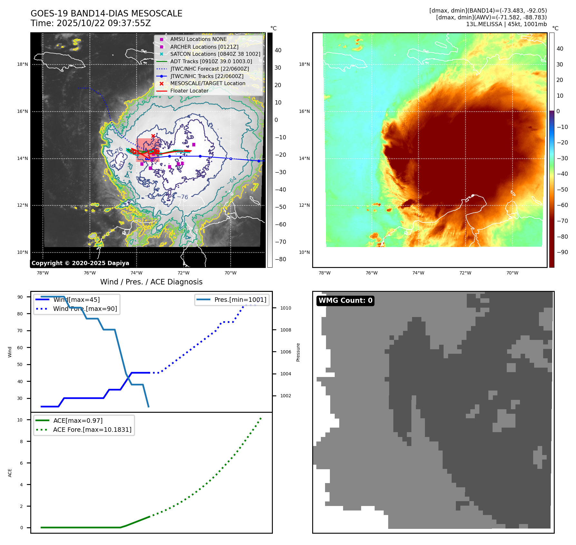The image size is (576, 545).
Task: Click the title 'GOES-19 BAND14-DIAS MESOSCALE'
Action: click(106, 14)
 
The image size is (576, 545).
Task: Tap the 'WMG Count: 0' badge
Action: click(345, 301)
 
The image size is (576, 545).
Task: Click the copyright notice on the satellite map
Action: click(80, 263)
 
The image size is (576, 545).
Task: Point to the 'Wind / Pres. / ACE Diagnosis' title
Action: click(151, 282)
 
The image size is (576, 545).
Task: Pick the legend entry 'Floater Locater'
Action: click(189, 91)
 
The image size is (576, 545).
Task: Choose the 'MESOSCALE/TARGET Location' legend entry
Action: click(207, 84)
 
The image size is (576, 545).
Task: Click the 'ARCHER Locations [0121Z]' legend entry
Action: click(204, 47)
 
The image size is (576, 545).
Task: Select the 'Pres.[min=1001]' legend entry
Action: click(240, 300)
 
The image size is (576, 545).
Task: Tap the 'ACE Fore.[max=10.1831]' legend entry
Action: click(92, 430)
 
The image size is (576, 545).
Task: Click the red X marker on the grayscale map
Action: click(153, 136)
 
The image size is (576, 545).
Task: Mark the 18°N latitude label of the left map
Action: click(23, 64)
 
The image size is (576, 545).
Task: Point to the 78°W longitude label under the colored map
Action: click(324, 273)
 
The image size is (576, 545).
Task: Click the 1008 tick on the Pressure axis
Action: click(285, 330)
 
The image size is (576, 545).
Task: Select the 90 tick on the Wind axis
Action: click(20, 297)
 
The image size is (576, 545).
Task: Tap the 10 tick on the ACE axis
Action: click(20, 420)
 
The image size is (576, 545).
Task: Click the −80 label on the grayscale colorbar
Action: click(280, 259)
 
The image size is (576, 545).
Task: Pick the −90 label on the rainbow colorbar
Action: click(562, 252)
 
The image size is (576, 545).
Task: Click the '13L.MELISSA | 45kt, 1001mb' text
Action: click(506, 24)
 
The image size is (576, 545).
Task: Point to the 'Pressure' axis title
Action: click(298, 352)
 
